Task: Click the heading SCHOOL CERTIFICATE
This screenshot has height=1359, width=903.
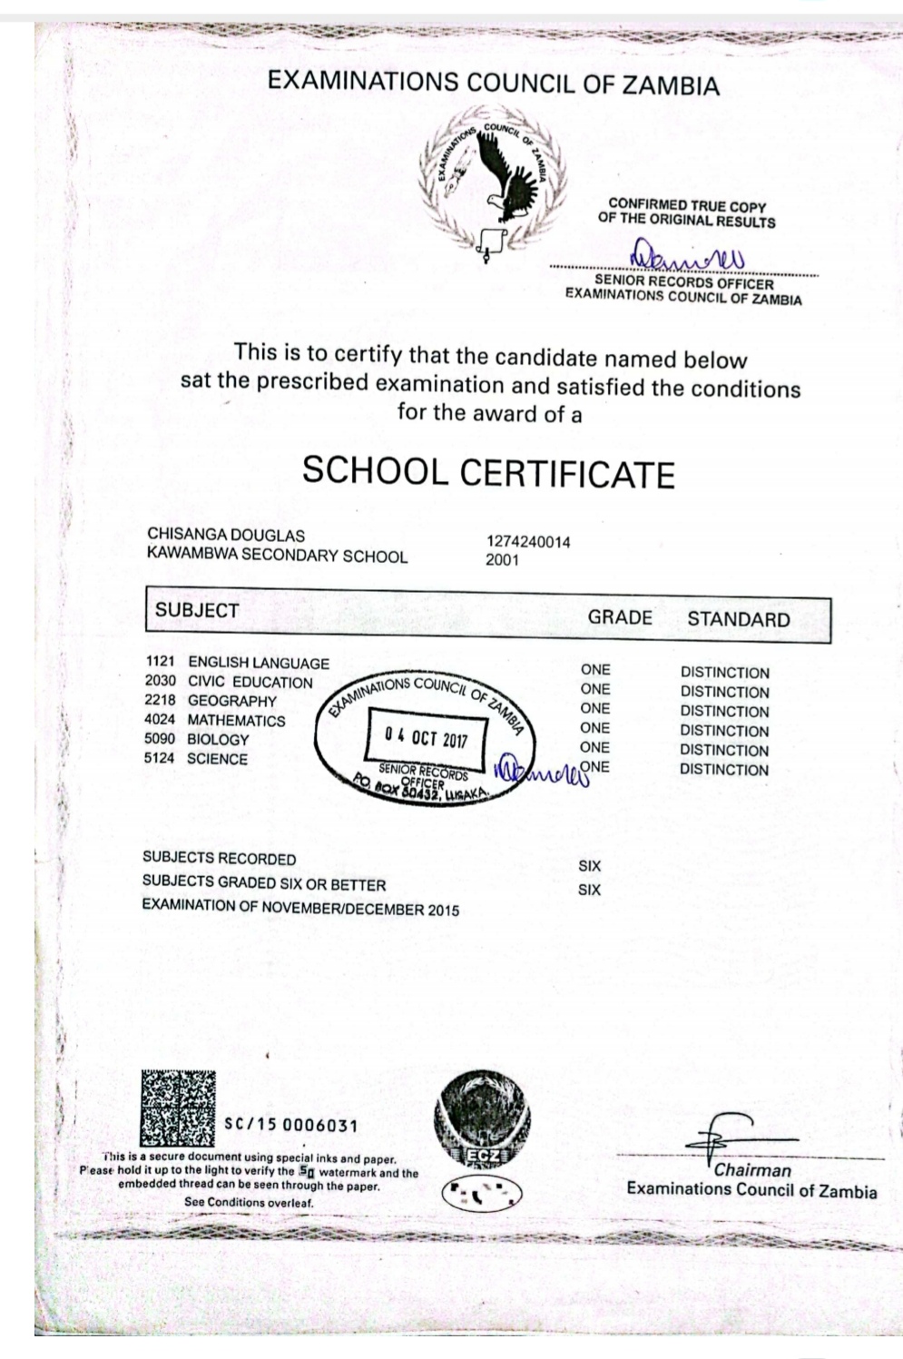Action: [488, 472]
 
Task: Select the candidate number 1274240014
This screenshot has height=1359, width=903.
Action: [528, 542]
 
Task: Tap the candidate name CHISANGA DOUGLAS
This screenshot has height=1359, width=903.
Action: [226, 536]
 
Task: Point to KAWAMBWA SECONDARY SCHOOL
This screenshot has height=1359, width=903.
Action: [277, 556]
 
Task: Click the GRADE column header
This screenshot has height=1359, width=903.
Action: [620, 618]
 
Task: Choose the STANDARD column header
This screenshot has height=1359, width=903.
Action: [739, 620]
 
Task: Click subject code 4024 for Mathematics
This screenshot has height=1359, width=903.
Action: [160, 720]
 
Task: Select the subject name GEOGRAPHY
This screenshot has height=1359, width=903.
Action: [231, 701]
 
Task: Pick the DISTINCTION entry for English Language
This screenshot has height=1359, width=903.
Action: [724, 673]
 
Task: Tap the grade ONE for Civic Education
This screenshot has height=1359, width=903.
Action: [595, 689]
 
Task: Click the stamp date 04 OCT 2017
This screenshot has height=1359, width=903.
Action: [426, 738]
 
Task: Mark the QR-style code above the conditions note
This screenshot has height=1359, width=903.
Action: [179, 1108]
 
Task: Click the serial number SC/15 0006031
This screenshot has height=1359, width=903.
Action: [290, 1126]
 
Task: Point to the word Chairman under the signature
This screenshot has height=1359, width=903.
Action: [752, 1170]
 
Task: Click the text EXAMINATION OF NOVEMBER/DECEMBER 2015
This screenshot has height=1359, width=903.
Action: [300, 909]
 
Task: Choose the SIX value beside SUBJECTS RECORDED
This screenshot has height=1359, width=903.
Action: [590, 866]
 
